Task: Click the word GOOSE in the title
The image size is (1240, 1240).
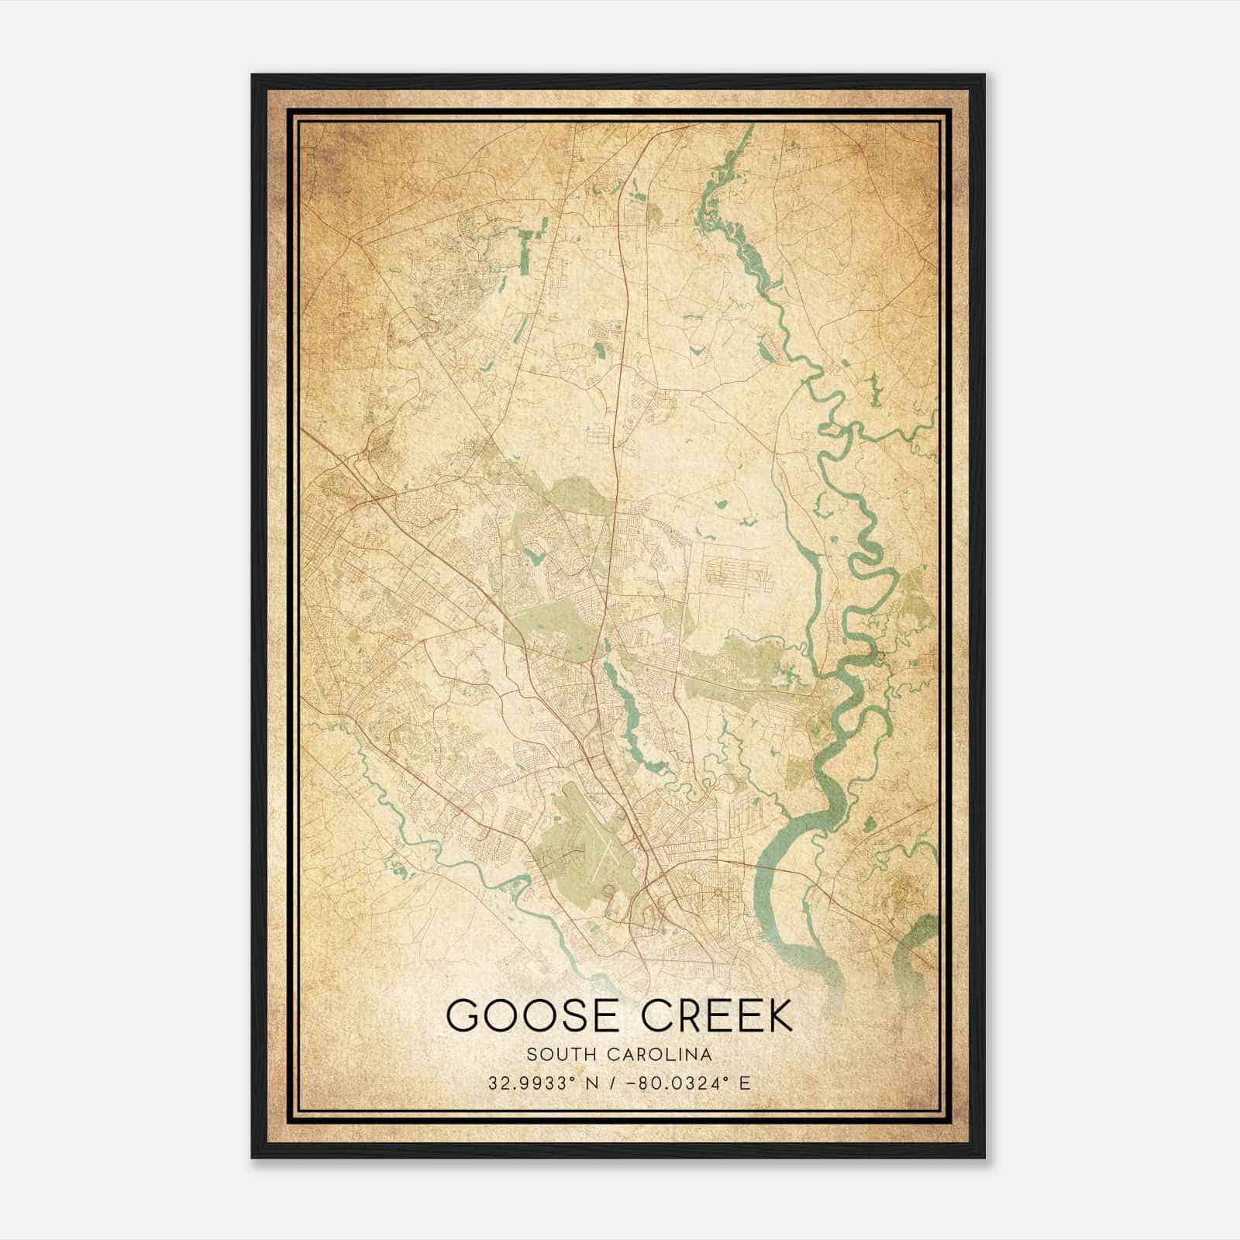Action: click(x=532, y=1015)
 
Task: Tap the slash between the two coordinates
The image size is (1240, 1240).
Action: click(x=617, y=1083)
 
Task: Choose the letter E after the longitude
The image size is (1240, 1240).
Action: click(x=745, y=1083)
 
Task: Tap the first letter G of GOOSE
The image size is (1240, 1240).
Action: click(x=464, y=1015)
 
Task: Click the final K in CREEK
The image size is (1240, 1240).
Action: click(x=780, y=1015)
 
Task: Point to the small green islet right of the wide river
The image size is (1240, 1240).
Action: click(x=870, y=825)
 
